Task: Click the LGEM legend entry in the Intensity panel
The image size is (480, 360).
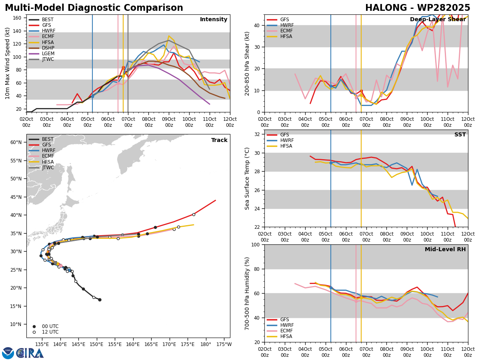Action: pos(41,54)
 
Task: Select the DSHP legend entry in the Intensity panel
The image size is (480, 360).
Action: pos(41,48)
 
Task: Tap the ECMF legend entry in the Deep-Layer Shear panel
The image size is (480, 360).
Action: pos(280,31)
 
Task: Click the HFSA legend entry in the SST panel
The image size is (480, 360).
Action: pos(280,146)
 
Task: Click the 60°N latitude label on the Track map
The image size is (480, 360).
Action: pos(16,142)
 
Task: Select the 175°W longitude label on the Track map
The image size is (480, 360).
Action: pos(224,344)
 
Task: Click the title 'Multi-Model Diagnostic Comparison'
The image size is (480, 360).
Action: pos(94,8)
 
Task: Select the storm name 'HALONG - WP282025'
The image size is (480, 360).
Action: pos(418,8)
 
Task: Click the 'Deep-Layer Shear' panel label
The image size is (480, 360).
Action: pos(438,20)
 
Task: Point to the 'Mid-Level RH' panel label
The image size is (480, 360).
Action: pos(445,249)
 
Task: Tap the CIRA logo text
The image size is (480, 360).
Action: pos(30,354)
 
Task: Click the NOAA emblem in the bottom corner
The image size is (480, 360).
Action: pos(8,353)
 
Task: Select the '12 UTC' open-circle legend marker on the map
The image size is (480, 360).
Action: pos(34,332)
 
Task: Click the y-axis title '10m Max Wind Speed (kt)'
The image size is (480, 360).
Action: pos(7,63)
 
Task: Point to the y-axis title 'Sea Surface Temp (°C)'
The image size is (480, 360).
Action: pos(247,179)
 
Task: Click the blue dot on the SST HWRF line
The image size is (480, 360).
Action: pos(331,163)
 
